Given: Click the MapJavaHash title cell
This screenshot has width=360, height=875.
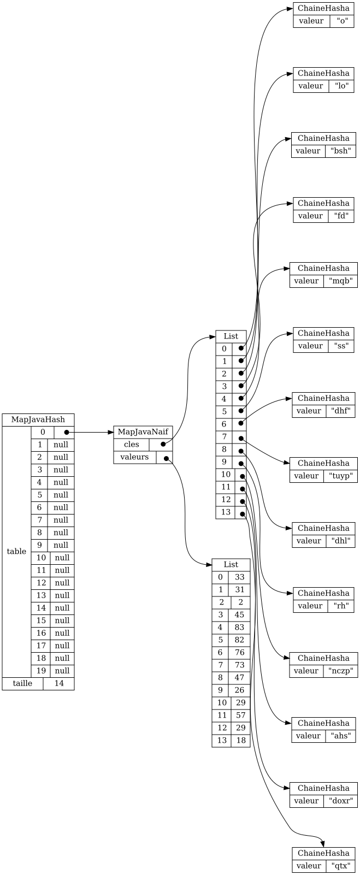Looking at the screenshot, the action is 38,420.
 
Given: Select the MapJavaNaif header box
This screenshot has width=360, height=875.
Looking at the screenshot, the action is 143,432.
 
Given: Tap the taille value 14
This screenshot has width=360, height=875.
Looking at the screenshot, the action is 58,683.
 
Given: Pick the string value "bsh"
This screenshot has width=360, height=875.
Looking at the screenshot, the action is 340,151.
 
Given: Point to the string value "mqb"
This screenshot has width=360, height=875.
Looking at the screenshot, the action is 340,281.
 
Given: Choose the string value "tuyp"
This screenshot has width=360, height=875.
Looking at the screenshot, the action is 340,476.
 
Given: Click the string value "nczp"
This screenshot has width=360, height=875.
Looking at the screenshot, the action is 340,671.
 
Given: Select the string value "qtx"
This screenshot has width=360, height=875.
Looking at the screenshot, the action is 340,866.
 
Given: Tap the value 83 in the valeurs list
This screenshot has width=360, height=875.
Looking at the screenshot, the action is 239,627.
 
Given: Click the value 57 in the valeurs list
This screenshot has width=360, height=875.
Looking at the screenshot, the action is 240,715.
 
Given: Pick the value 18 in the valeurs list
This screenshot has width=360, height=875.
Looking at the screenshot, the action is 240,740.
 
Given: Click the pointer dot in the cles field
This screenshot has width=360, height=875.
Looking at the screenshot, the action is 163,444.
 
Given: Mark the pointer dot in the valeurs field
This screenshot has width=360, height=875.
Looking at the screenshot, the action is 166,458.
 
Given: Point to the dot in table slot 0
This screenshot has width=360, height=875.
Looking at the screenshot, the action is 67,433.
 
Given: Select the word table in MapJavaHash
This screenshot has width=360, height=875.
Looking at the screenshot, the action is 16,551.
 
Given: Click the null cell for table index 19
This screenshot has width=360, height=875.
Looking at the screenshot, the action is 62,671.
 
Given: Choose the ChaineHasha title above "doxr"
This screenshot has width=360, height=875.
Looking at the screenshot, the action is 323,788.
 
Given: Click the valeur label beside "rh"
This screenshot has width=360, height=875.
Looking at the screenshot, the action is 310,606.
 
